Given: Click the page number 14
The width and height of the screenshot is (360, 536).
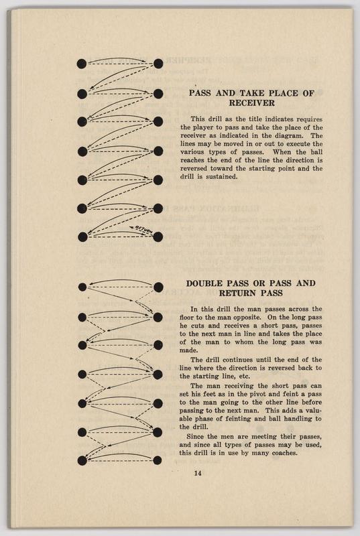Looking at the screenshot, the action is click(198, 473).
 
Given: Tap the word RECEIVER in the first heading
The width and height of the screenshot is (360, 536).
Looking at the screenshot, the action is click(251, 103).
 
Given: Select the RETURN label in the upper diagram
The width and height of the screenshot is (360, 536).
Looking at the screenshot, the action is click(141, 230).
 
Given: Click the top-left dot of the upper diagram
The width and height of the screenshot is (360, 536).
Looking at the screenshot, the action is click(82, 64).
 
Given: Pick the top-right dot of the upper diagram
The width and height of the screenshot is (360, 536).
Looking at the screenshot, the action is click(158, 64).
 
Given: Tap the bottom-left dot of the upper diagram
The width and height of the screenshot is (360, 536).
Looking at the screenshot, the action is click(82, 237).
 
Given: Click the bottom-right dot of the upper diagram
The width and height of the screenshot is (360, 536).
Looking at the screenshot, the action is click(158, 237).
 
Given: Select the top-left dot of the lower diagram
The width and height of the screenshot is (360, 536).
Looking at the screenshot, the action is click(82, 287).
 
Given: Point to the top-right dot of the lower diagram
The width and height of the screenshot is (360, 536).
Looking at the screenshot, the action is click(158, 287).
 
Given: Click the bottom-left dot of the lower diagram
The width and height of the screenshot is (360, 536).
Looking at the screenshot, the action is click(82, 461).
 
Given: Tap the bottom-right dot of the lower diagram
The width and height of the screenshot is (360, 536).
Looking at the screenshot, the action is click(158, 460).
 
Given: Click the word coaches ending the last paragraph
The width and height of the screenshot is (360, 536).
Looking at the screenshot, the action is click(284, 454).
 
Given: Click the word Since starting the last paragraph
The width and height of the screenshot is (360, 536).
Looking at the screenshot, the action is click(194, 437).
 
